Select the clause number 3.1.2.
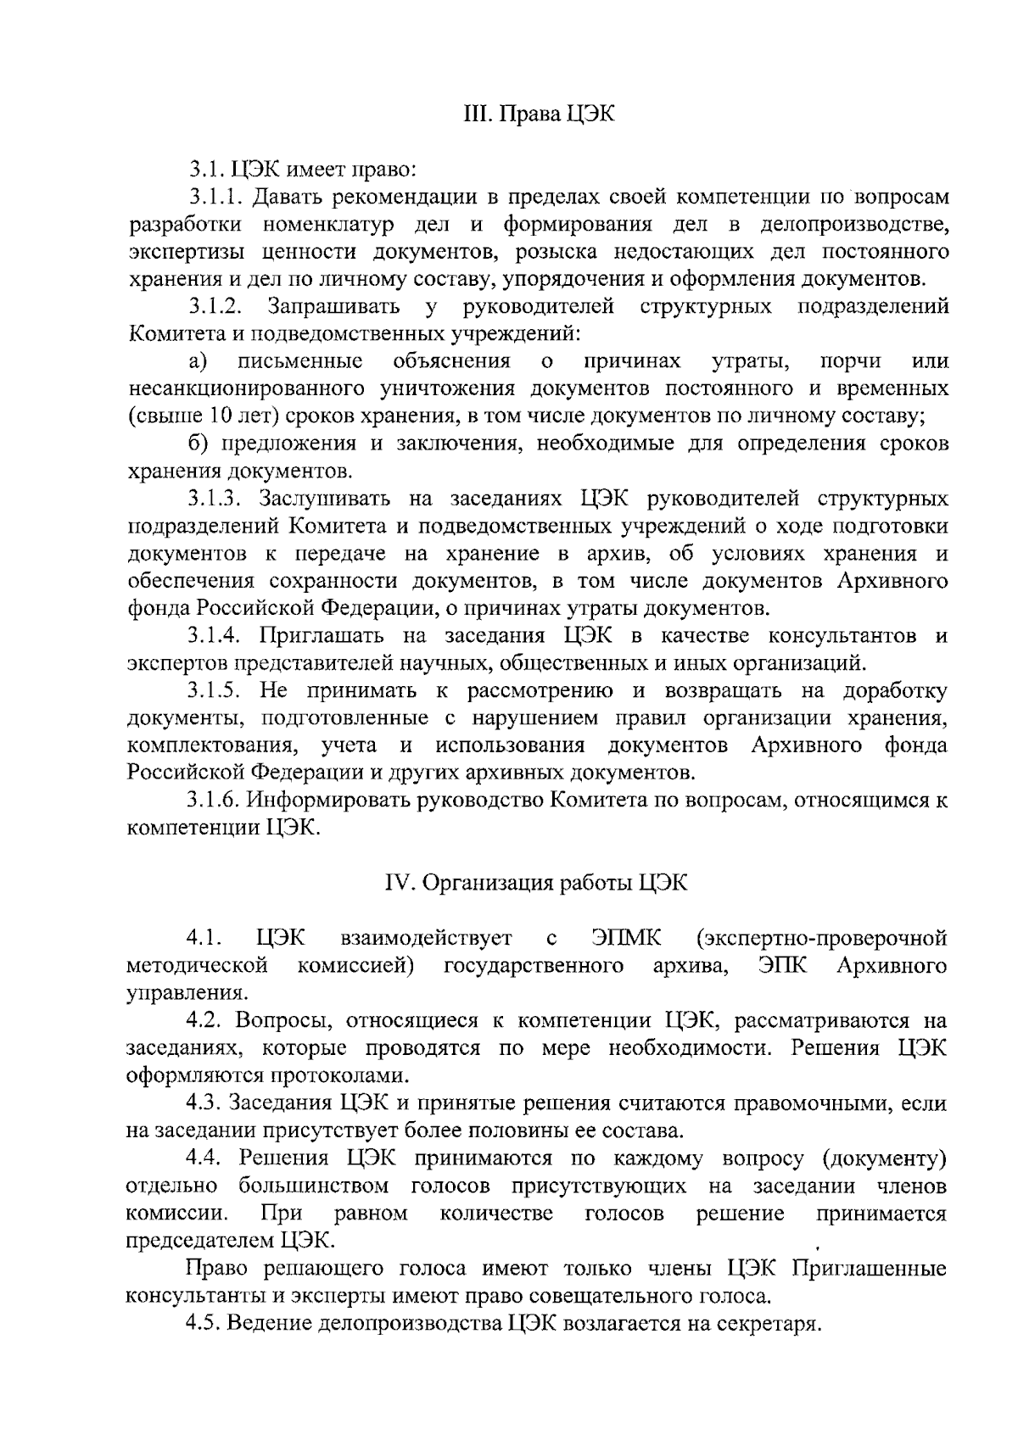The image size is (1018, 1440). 217,306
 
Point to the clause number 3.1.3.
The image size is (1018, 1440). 217,498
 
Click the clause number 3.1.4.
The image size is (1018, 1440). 217,635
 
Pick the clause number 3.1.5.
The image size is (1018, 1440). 217,690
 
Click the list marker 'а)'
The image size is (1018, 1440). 198,362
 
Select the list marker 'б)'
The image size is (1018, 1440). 199,444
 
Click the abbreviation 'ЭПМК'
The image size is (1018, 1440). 627,938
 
